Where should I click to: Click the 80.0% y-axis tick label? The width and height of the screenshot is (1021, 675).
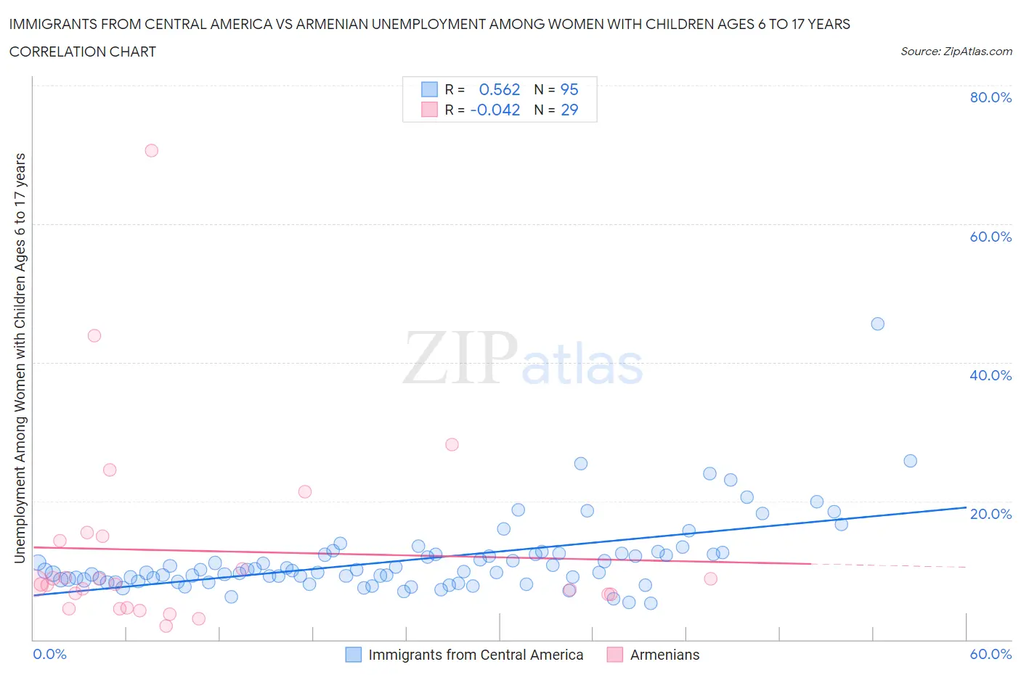(x=991, y=97)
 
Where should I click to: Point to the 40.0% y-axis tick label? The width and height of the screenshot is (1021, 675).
(x=991, y=375)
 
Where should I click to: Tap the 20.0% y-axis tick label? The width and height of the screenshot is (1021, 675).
(x=991, y=514)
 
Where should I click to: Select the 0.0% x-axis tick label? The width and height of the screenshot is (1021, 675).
(x=49, y=654)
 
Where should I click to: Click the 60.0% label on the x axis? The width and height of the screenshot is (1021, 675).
(x=991, y=654)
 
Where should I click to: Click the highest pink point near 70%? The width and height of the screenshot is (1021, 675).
(x=151, y=151)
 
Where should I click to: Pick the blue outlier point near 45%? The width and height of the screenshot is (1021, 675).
(x=877, y=324)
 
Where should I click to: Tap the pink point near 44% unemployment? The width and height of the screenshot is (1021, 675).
(x=94, y=335)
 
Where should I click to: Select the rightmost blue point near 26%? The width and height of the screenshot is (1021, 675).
(x=910, y=461)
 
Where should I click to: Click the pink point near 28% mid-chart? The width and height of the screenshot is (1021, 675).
(x=452, y=444)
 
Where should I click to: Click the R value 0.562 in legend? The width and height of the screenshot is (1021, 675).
(x=500, y=89)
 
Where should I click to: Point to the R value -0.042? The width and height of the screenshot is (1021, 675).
(x=495, y=110)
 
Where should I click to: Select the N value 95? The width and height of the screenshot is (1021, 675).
(x=569, y=89)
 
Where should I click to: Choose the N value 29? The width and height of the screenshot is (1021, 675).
(x=569, y=110)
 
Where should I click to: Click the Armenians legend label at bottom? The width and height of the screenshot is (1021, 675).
(x=664, y=655)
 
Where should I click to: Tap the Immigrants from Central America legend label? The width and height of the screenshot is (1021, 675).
(x=476, y=655)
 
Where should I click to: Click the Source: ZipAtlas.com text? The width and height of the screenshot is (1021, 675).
(x=956, y=51)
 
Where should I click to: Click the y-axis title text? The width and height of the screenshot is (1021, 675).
(x=20, y=358)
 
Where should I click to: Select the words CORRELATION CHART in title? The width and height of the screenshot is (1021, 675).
(x=83, y=52)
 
